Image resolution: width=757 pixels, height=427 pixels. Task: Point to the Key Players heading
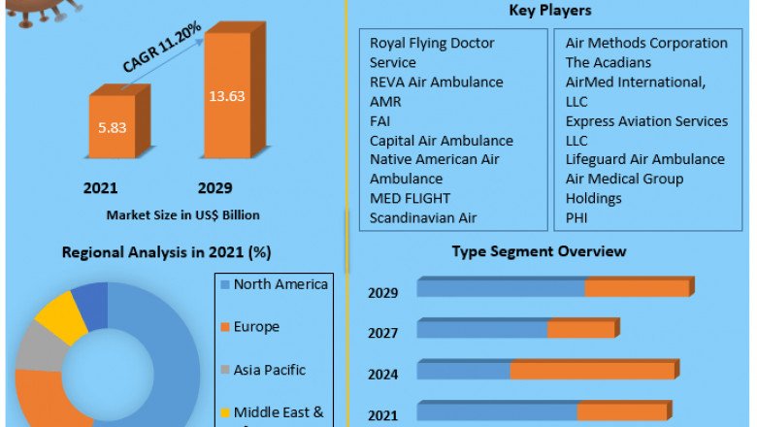click(x=550, y=11)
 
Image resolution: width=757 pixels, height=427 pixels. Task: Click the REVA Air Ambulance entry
click(x=437, y=82)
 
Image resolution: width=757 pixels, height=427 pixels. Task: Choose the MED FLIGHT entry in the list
click(x=407, y=199)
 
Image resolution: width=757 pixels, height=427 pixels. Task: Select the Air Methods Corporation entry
click(x=646, y=44)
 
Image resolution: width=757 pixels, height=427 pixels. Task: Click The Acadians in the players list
click(x=609, y=63)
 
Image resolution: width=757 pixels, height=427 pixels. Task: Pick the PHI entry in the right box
click(x=577, y=218)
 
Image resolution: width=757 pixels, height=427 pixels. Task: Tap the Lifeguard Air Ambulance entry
click(x=644, y=159)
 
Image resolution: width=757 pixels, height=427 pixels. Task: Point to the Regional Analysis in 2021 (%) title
click(x=166, y=252)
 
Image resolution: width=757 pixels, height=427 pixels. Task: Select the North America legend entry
click(x=280, y=284)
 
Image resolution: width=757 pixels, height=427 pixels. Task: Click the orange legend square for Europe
click(x=224, y=328)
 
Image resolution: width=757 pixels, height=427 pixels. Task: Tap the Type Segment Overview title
click(x=540, y=251)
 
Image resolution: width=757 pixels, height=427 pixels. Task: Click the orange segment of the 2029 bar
click(x=636, y=288)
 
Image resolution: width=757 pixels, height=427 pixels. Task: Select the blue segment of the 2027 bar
click(x=482, y=330)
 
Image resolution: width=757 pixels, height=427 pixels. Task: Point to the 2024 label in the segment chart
click(x=382, y=374)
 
